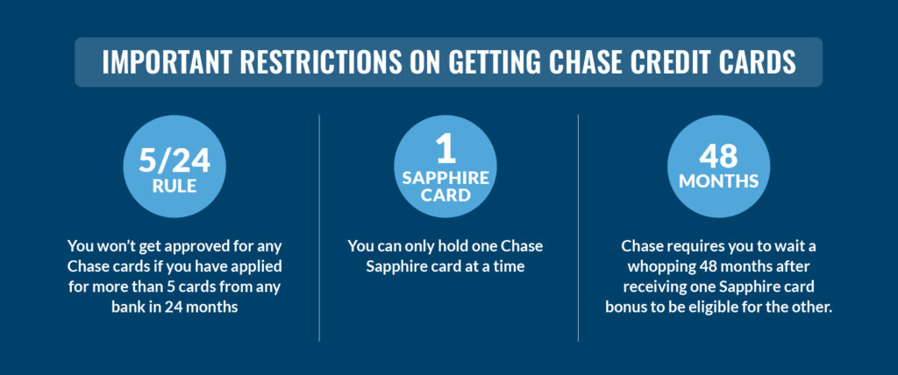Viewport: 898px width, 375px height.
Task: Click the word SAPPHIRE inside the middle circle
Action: [x=446, y=178]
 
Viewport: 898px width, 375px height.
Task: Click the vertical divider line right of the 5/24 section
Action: [x=319, y=228]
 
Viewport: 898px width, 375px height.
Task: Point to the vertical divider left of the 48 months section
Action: [x=579, y=228]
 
